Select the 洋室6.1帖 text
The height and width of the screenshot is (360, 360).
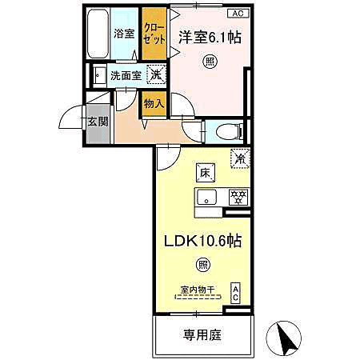[209, 36]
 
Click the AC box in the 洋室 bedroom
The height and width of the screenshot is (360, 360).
[238, 13]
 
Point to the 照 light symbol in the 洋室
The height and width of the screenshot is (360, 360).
[209, 60]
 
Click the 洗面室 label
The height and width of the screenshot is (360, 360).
[126, 77]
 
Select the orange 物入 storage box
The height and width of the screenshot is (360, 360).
[154, 102]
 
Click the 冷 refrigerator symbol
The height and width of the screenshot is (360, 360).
[238, 158]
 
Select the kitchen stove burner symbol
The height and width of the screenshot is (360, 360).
[237, 195]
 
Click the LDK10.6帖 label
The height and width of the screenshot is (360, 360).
[203, 239]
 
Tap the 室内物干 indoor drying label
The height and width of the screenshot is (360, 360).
[198, 291]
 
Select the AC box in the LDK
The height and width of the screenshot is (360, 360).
[236, 294]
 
